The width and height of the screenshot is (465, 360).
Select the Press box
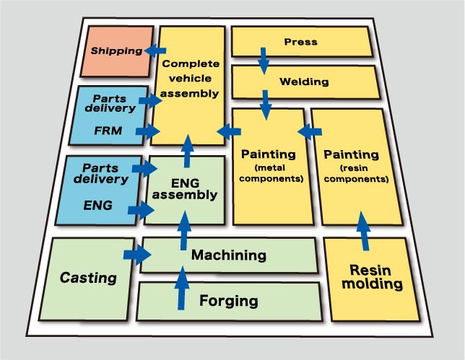(x=301, y=43)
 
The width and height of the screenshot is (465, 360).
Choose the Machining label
(x=228, y=255)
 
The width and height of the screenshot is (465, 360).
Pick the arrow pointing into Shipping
(x=155, y=51)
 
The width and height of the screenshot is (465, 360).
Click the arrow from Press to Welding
(x=264, y=60)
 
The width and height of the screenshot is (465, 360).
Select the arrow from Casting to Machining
(x=137, y=254)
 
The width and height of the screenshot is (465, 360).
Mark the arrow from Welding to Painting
(x=266, y=104)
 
